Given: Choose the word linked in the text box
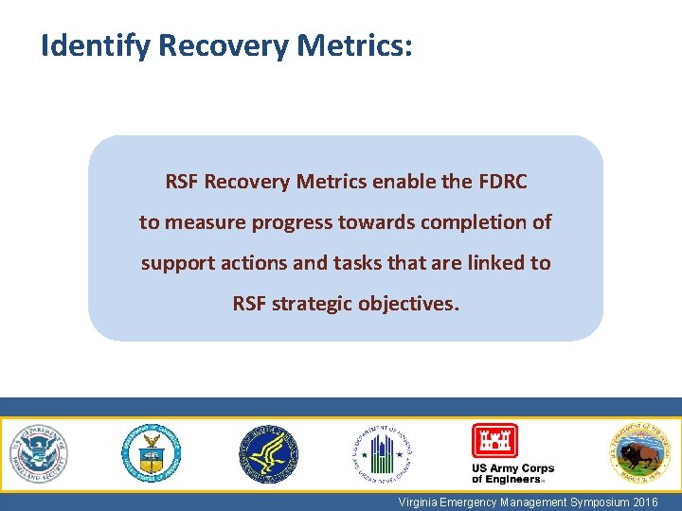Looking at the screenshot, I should click(x=489, y=263).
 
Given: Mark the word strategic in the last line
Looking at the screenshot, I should click(x=317, y=304).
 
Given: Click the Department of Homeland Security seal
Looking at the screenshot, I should click(x=40, y=452).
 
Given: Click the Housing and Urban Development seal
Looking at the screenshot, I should click(x=383, y=453).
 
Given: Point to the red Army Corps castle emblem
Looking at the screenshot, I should click(x=495, y=440).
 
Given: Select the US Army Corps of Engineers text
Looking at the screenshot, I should click(x=512, y=473).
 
